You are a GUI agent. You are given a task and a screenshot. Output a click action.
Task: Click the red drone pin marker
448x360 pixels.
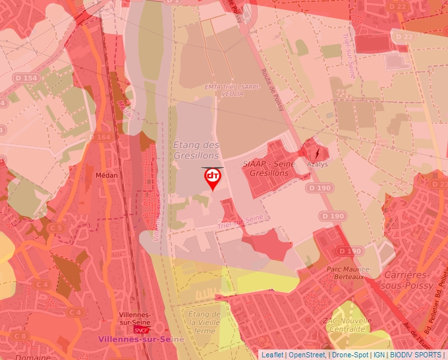tap(212, 178)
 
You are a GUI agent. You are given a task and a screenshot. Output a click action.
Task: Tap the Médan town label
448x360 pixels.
tap(106, 176)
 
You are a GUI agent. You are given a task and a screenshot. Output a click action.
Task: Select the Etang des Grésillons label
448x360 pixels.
tap(196, 149)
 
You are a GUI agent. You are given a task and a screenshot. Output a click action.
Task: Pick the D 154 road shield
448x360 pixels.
tap(26, 78)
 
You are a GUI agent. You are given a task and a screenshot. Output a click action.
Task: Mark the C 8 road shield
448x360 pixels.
tap(20, 336)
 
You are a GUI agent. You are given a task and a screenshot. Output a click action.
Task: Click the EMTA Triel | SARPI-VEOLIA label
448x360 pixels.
tap(223, 90)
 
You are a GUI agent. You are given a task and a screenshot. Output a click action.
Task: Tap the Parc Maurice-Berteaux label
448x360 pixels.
tap(349, 273)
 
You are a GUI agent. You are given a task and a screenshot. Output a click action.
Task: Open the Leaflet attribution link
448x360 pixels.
tap(272, 355)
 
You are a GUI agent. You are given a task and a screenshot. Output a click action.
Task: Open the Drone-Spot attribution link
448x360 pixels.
tap(349, 355)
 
